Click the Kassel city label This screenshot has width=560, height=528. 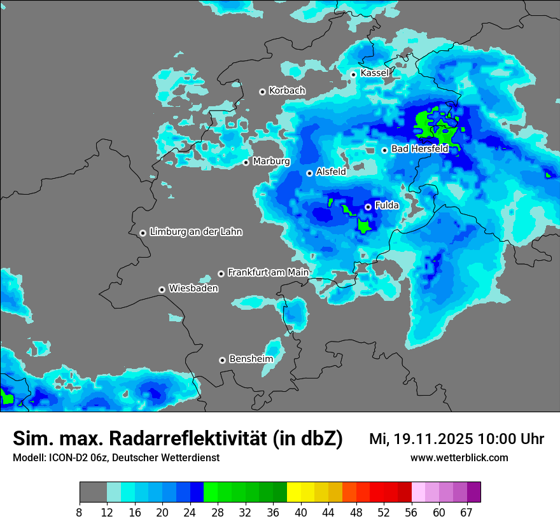(374, 73)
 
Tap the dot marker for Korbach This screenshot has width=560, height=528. (262, 92)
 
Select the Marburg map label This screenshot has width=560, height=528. (271, 162)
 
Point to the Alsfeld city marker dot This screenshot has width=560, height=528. (310, 173)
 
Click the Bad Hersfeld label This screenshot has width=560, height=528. (419, 149)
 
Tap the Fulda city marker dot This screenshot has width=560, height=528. (368, 207)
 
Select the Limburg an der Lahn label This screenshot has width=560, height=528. (195, 232)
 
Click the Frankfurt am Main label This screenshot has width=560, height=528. (268, 272)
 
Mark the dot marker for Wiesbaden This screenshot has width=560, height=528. (162, 289)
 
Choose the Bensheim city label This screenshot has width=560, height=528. (251, 359)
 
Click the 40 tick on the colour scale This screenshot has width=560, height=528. (301, 513)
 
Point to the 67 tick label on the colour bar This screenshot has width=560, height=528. (466, 513)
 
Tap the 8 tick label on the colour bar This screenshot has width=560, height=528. (80, 513)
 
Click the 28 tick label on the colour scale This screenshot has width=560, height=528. (218, 513)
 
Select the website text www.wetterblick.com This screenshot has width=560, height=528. (459, 458)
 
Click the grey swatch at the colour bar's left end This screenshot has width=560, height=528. (93, 492)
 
